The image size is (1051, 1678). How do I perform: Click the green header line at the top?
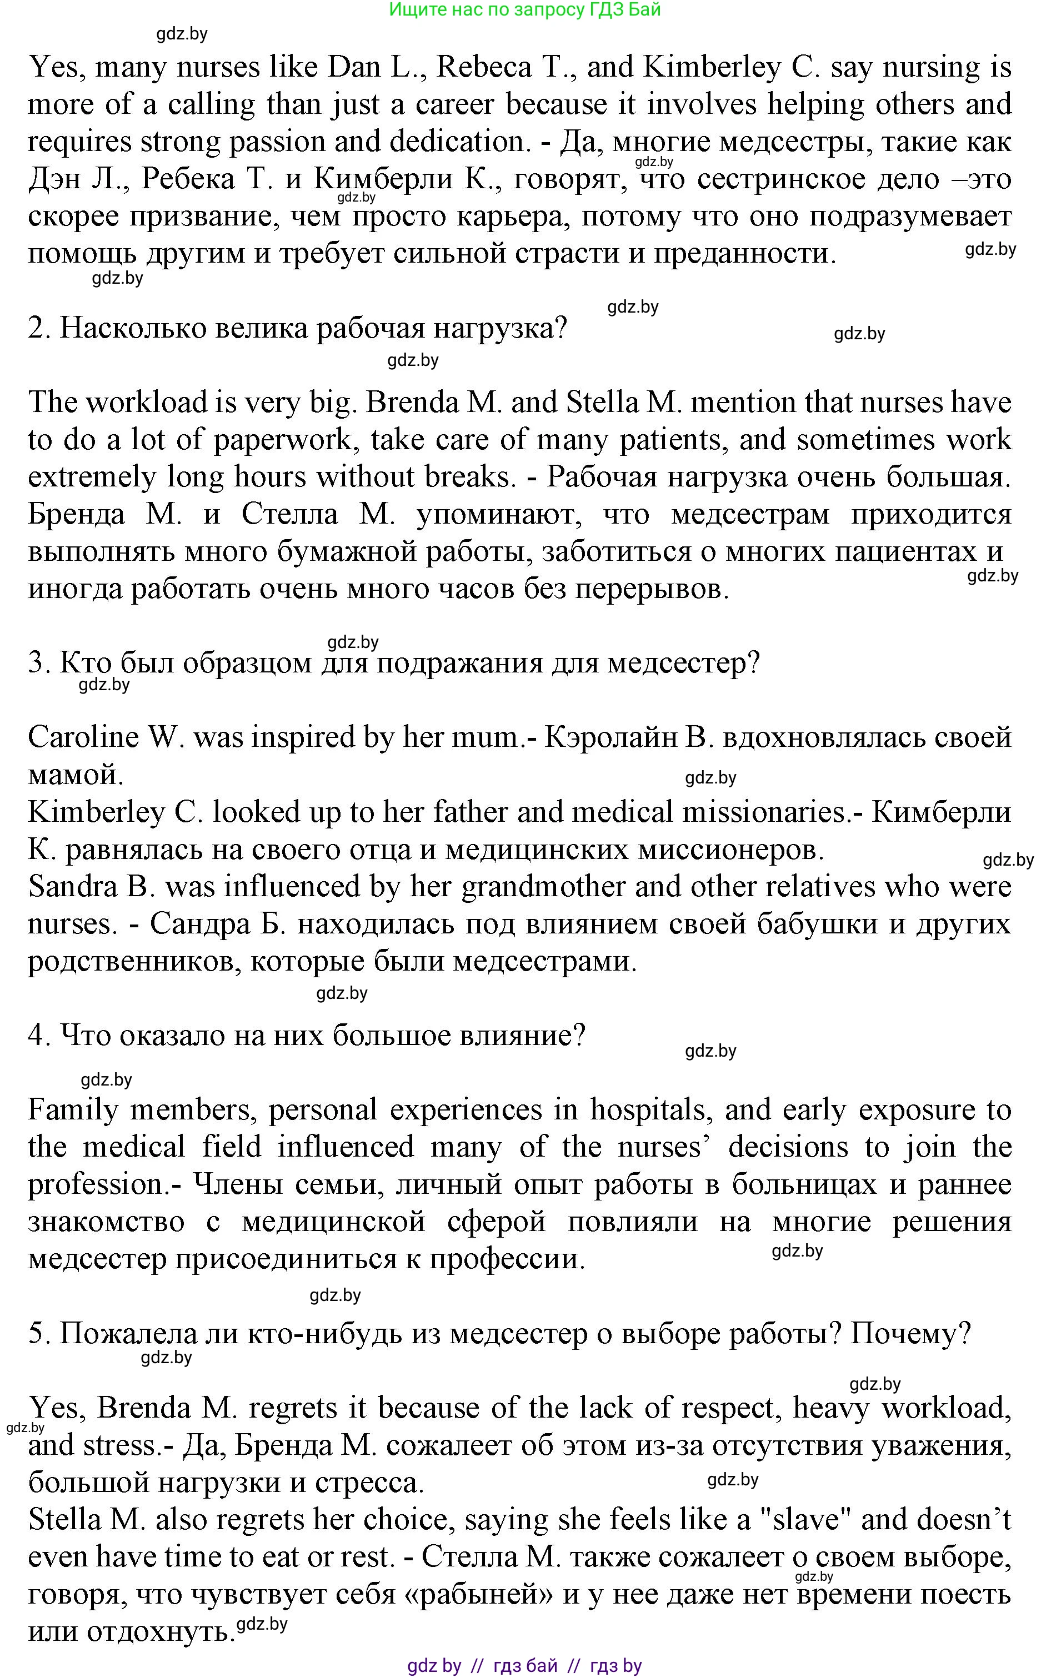click(525, 10)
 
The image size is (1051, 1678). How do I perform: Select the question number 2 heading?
click(298, 328)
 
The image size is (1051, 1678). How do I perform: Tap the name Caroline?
click(83, 737)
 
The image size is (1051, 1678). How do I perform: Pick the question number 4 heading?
click(307, 1036)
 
